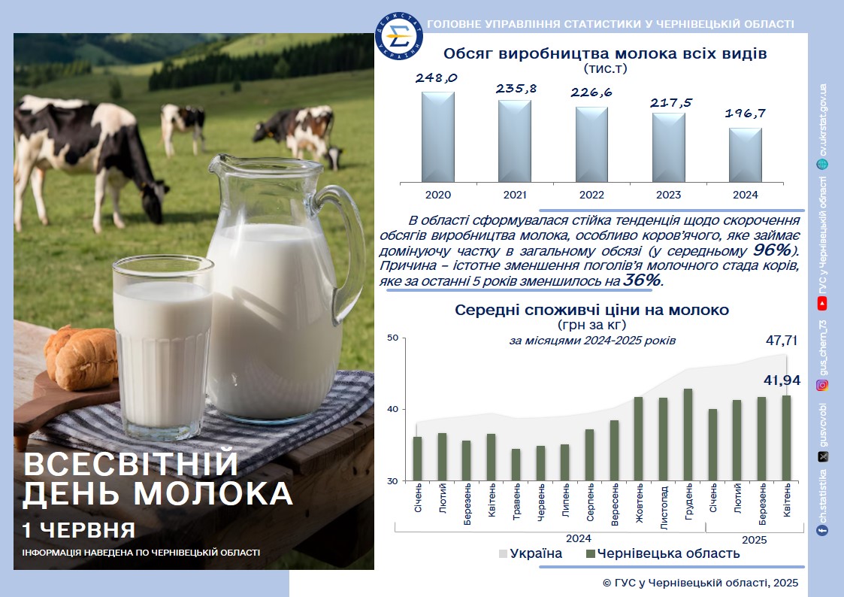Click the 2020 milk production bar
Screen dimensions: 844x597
(x=437, y=137)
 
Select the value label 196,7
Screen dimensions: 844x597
(x=745, y=113)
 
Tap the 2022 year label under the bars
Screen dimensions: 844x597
(x=591, y=195)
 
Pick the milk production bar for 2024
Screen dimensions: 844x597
(x=746, y=155)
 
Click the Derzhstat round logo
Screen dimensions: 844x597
(x=399, y=36)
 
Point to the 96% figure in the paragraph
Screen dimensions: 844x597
(x=772, y=250)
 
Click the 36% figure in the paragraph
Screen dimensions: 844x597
(x=642, y=280)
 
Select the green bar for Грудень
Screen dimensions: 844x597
(x=688, y=435)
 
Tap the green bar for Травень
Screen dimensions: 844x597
(x=516, y=465)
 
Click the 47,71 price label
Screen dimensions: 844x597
(x=782, y=340)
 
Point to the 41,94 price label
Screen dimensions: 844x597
(x=782, y=380)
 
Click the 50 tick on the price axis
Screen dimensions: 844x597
(x=393, y=338)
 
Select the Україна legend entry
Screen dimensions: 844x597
(x=531, y=553)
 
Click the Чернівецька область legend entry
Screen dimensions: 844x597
(x=663, y=553)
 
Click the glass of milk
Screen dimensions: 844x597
(x=162, y=347)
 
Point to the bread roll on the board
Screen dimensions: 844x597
(x=82, y=357)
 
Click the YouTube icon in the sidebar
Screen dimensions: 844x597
(x=822, y=305)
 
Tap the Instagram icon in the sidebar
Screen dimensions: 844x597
(x=822, y=385)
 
